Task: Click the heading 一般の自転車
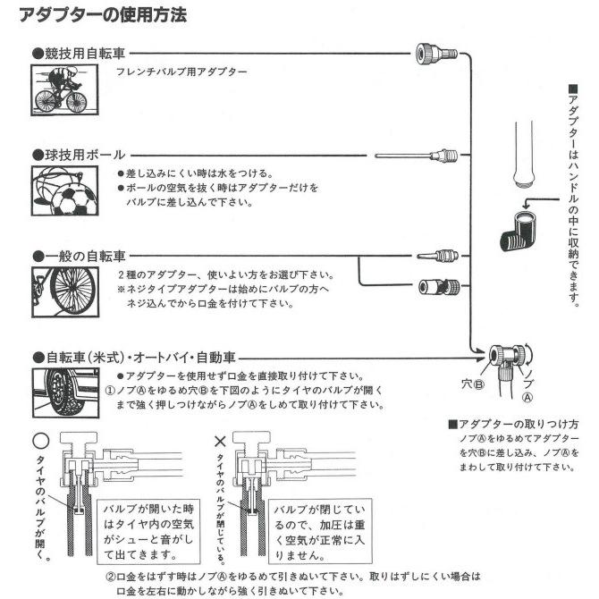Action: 80,255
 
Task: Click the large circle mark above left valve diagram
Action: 38,440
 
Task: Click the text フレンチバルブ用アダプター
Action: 181,72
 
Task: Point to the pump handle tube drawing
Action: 521,154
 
